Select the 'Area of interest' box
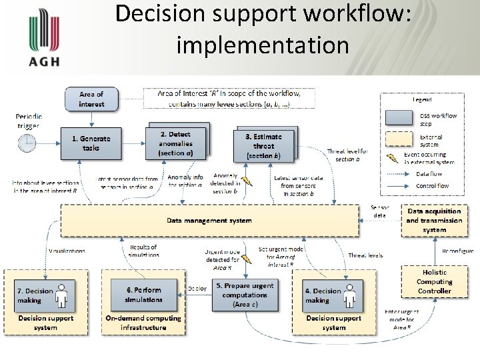pos(91,99)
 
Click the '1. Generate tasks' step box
pos(91,143)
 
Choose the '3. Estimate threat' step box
pos(263,146)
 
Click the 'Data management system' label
pos(209,221)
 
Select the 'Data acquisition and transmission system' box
pos(434,221)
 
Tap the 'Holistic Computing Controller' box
pos(434,281)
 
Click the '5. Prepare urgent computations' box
pos(245,295)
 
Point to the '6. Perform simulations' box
pos(144,295)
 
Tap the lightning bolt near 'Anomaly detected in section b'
pos(247,181)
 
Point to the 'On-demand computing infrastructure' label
pos(143,323)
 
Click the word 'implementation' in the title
pos(263,45)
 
